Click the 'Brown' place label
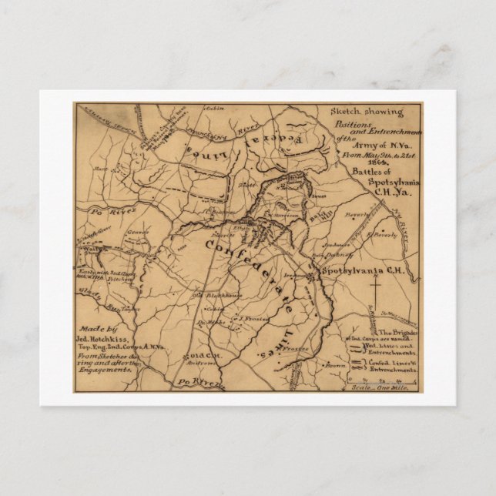(x=334, y=366)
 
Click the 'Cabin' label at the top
(x=204, y=109)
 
